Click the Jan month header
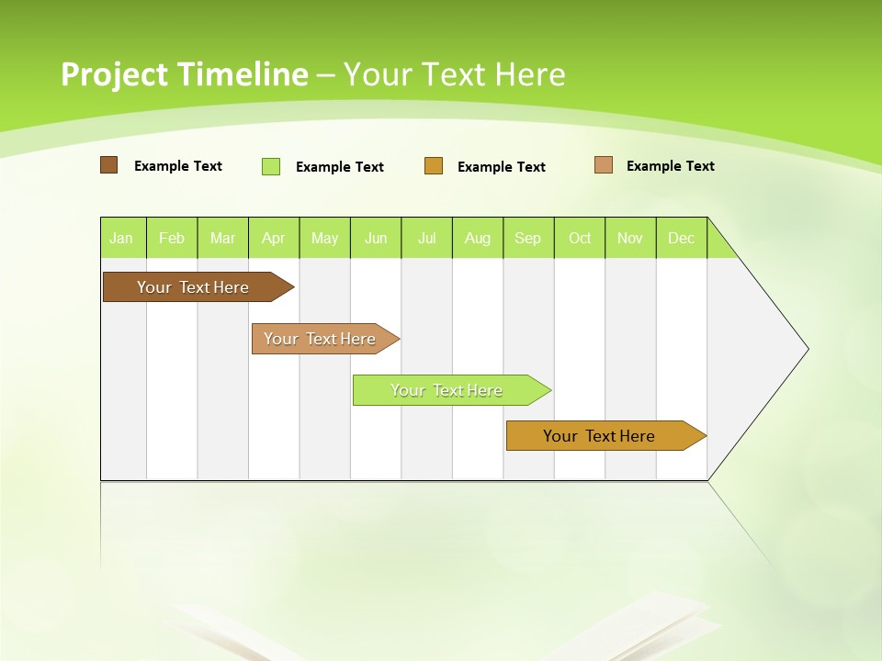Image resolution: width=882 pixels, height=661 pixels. click(121, 238)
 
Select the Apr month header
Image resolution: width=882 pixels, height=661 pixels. click(274, 238)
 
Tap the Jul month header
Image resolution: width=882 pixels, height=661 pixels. click(426, 238)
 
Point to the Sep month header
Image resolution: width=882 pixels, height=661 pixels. click(527, 238)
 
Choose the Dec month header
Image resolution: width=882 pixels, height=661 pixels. click(681, 238)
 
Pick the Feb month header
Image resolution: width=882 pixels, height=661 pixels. click(172, 238)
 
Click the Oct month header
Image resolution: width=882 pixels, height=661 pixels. click(580, 238)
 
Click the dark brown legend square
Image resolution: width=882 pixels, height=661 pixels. click(108, 165)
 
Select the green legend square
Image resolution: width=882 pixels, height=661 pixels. click(271, 166)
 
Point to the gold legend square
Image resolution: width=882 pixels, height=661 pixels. click(434, 166)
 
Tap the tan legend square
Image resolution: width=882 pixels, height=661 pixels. click(603, 165)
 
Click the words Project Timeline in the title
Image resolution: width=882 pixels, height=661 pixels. click(184, 74)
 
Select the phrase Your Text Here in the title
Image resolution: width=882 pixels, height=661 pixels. click(455, 74)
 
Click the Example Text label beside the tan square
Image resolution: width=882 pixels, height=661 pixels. click(670, 166)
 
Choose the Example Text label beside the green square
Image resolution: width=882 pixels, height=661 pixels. click(340, 167)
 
